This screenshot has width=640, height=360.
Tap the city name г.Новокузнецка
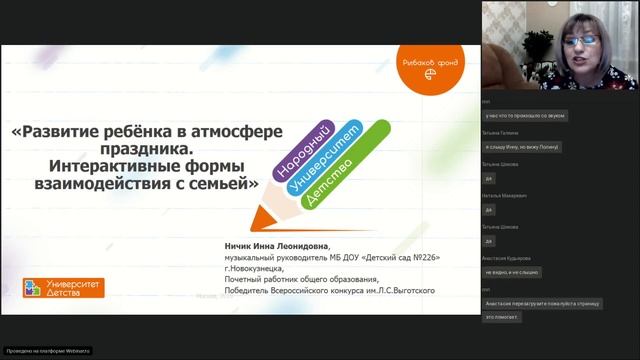pyautogui.click(x=254, y=268)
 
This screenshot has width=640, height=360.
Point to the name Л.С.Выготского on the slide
pyautogui.click(x=405, y=290)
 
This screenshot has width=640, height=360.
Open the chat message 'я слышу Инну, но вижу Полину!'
pyautogui.click(x=520, y=147)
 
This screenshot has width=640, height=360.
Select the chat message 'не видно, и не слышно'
pyautogui.click(x=513, y=272)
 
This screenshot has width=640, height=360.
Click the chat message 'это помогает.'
pyautogui.click(x=501, y=317)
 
